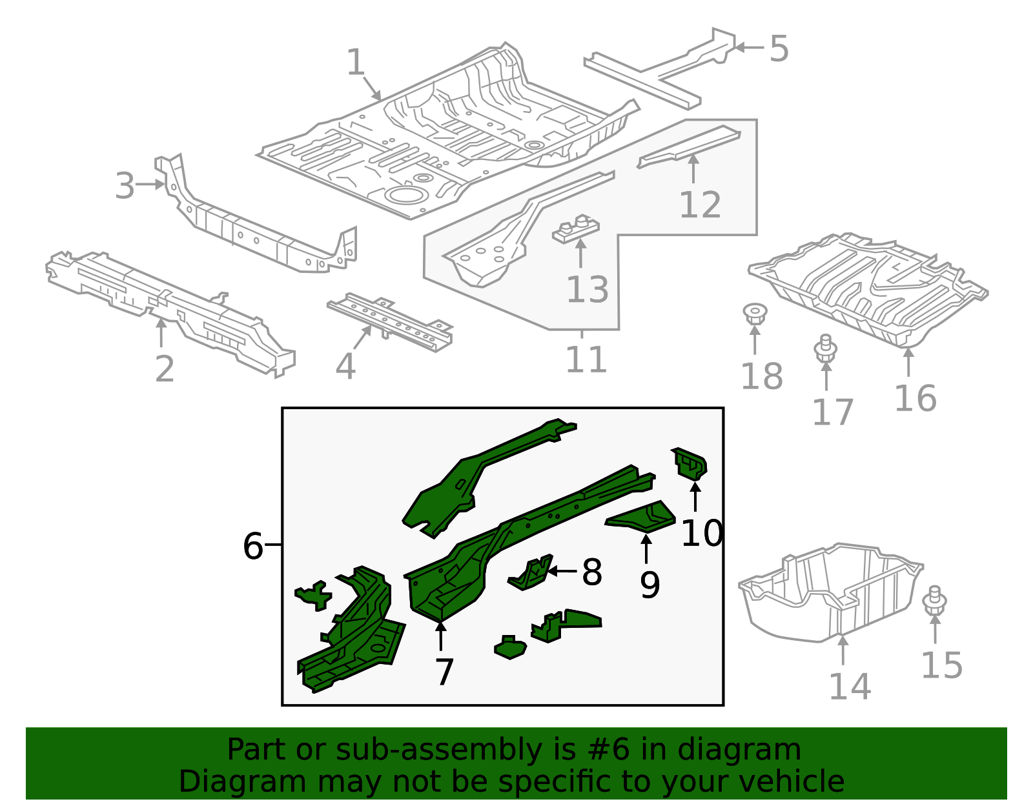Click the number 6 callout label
click(x=252, y=547)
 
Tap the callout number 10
click(x=701, y=534)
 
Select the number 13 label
click(x=587, y=290)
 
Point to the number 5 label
click(x=779, y=49)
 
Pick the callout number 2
click(x=165, y=369)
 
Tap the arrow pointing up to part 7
click(x=441, y=636)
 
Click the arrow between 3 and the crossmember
click(x=152, y=185)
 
